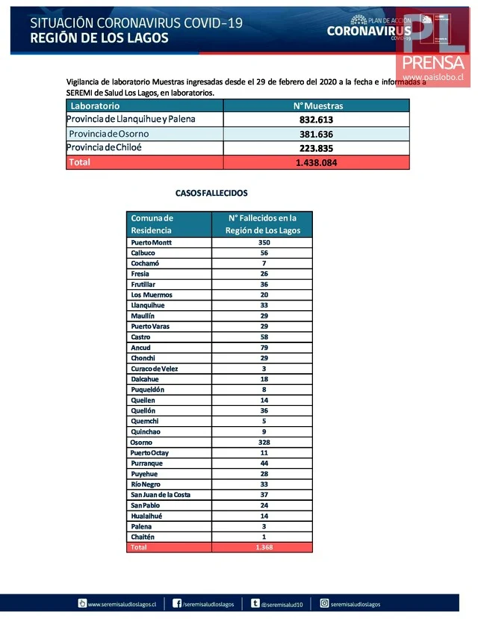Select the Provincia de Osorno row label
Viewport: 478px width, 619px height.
click(x=108, y=134)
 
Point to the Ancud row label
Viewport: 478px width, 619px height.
click(x=140, y=348)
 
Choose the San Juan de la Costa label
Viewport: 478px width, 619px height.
click(x=161, y=495)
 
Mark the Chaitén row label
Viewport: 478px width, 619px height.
click(x=143, y=537)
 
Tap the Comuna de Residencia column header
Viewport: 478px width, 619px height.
click(x=152, y=224)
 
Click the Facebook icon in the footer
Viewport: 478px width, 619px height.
click(x=178, y=603)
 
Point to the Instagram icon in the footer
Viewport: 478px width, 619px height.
click(x=325, y=603)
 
